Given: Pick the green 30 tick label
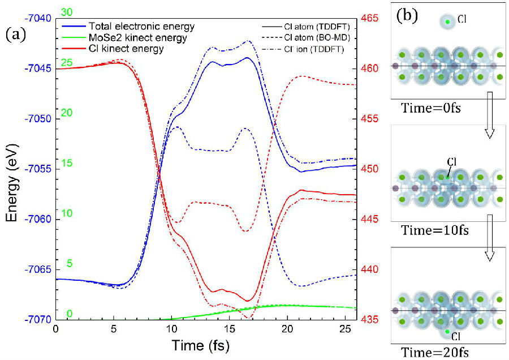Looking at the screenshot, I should [x=66, y=12].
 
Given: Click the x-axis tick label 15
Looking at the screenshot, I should [x=229, y=328].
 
